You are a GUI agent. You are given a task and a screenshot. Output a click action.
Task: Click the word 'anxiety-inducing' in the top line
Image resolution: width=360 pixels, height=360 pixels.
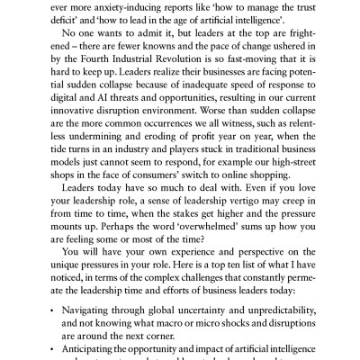pyautogui.click(x=142, y=4)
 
